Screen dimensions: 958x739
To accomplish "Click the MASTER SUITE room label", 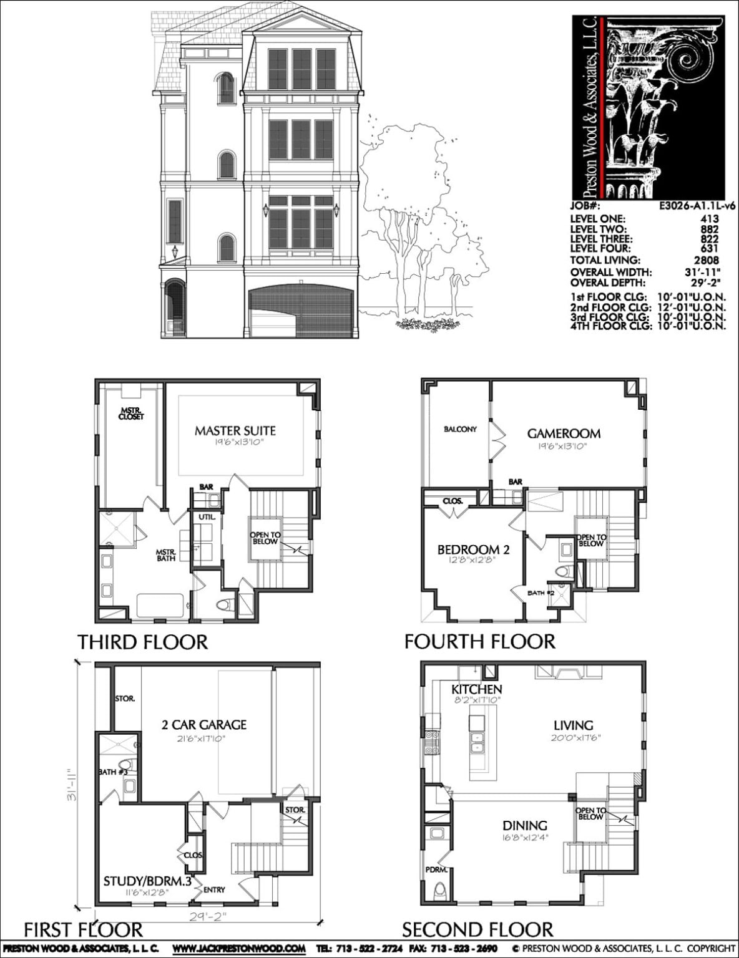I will point(235,430).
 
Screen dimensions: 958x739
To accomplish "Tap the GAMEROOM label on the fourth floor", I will point(564,433).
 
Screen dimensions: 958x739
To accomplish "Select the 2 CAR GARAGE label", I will point(204,725).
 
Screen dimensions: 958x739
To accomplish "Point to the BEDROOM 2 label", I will point(473,549).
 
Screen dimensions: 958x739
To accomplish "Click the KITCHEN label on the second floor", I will point(477,689).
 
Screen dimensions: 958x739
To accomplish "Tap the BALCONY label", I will point(460,429).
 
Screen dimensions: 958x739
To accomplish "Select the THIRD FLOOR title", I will point(142,642).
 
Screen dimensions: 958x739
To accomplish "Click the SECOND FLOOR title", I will point(477,930).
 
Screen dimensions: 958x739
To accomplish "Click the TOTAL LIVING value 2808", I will point(706,260).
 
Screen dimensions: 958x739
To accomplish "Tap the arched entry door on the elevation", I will point(175,309).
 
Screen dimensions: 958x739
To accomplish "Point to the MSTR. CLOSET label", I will point(131,414).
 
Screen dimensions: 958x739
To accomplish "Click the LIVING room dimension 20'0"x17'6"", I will point(573,738).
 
